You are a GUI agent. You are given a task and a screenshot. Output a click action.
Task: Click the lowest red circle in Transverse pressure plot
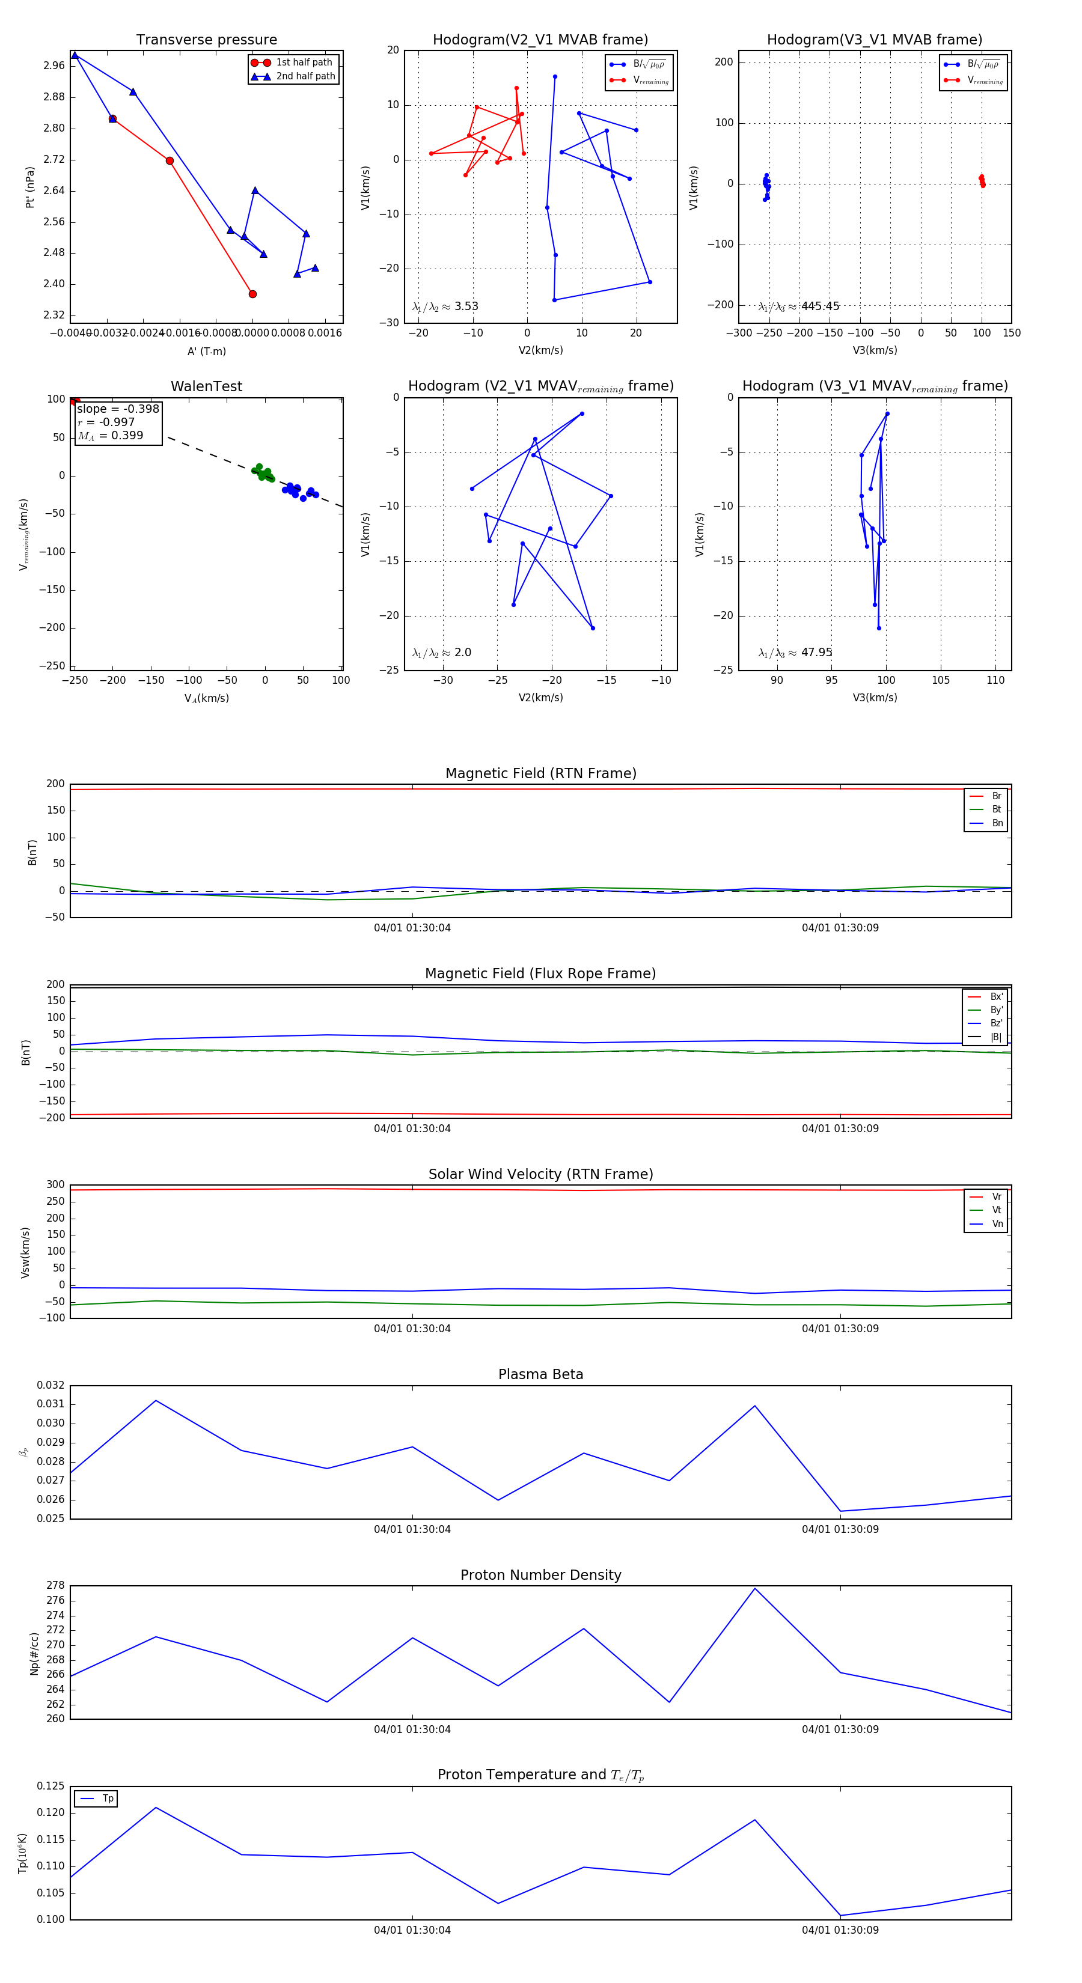[252, 294]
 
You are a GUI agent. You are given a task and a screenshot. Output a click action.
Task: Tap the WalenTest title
[206, 386]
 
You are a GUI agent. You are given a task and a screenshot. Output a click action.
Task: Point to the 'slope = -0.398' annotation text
[118, 409]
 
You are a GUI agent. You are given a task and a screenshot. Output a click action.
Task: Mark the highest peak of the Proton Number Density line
[755, 1588]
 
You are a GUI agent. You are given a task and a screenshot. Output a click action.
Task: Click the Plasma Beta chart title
[540, 1374]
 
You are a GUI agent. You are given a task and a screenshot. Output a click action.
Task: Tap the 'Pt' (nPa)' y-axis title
[30, 187]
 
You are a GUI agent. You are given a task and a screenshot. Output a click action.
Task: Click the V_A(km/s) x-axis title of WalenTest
[206, 698]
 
